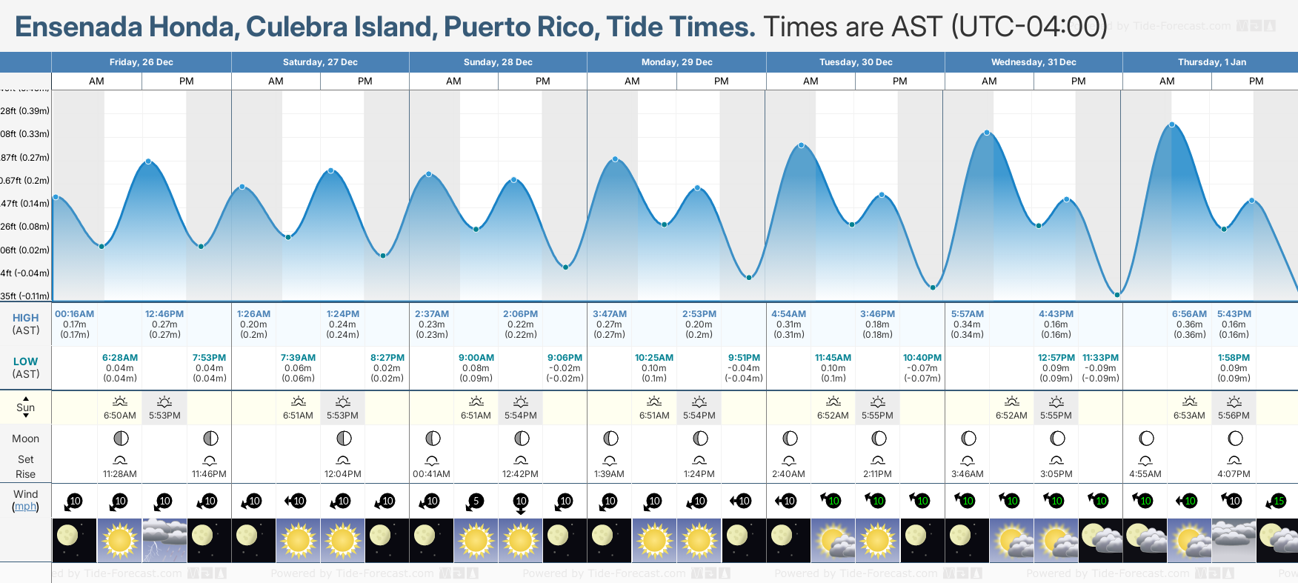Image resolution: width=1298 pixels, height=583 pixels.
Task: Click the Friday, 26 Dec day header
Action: [x=141, y=62]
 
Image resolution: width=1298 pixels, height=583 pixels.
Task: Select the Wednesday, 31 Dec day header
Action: [x=1034, y=62]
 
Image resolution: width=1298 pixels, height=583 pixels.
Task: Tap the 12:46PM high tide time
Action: [x=164, y=314]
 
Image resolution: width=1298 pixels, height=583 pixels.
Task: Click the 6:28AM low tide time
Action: [x=120, y=358]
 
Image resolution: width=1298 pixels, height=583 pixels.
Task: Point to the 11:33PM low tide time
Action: [x=1100, y=358]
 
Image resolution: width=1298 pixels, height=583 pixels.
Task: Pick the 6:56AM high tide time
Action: [x=1189, y=314]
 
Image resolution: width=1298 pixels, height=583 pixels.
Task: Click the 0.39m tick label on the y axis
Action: [x=25, y=111]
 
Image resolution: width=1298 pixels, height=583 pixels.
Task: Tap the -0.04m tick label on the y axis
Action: [x=25, y=273]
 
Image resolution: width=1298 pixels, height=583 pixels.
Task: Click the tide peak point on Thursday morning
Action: [x=1172, y=124]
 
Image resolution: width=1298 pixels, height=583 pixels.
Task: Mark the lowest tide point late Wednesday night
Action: [x=1117, y=295]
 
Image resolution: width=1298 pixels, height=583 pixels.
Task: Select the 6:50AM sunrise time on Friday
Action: [x=120, y=416]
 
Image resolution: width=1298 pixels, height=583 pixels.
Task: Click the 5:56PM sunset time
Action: [x=1234, y=416]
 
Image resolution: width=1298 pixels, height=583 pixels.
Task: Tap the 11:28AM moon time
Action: [x=120, y=474]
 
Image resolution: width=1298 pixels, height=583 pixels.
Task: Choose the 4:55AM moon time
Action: [x=1145, y=474]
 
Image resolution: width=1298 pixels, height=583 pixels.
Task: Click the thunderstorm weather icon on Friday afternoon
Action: [x=164, y=540]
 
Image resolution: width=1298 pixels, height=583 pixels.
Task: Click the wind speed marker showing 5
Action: [x=476, y=502]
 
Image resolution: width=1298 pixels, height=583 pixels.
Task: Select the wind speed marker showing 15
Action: [x=1279, y=502]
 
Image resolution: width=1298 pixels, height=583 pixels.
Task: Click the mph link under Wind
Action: [x=25, y=507]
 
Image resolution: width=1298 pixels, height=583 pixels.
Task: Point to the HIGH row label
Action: [x=25, y=318]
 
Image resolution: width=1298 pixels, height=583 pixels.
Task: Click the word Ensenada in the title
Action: [x=79, y=27]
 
